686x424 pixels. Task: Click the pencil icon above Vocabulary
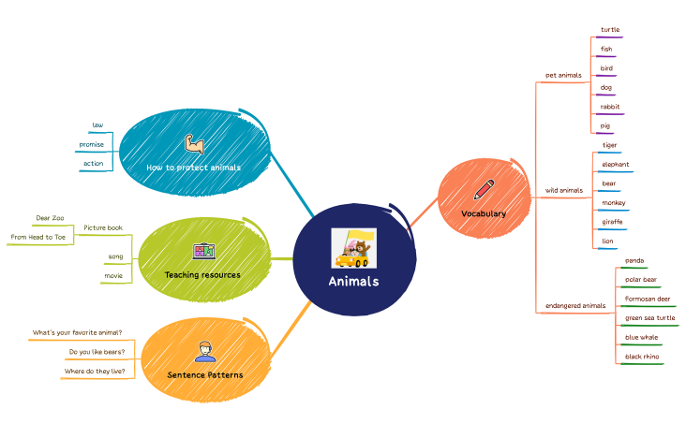pyautogui.click(x=484, y=190)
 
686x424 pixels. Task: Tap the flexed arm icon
pyautogui.click(x=194, y=143)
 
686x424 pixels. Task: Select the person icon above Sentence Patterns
pyautogui.click(x=204, y=351)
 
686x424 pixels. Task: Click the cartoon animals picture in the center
pyautogui.click(x=353, y=248)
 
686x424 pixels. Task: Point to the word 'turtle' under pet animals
pyautogui.click(x=610, y=30)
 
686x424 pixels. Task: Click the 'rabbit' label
pyautogui.click(x=610, y=107)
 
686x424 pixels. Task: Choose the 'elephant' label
pyautogui.click(x=616, y=165)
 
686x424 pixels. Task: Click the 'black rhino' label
pyautogui.click(x=642, y=357)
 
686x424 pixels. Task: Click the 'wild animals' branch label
pyautogui.click(x=564, y=191)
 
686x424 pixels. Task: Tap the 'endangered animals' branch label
pyautogui.click(x=575, y=306)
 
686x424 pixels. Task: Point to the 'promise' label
pyautogui.click(x=92, y=144)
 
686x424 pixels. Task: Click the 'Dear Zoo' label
pyautogui.click(x=50, y=218)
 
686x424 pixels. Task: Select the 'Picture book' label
pyautogui.click(x=103, y=227)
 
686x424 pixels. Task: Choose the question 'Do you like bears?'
pyautogui.click(x=96, y=352)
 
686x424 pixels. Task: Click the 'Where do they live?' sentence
pyautogui.click(x=94, y=371)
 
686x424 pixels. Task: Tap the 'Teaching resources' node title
pyautogui.click(x=202, y=275)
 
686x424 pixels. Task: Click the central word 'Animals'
pyautogui.click(x=353, y=282)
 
